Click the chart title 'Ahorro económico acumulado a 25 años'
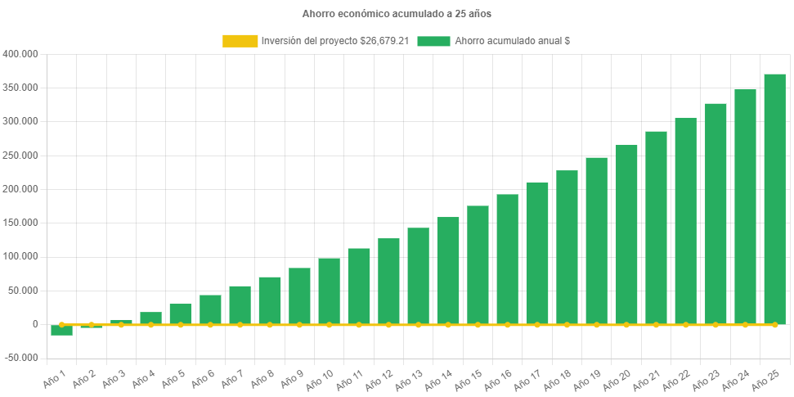397,14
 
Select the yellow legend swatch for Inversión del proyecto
240,41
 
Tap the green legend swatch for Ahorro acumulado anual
433,41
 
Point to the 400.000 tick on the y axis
20,54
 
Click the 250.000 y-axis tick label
20,156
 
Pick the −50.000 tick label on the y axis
20,358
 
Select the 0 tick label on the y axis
35,324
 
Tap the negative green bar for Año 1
61,330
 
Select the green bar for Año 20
626,234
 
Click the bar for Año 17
537,253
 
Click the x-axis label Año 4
141,378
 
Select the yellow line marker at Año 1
61,325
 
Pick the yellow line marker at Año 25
774,325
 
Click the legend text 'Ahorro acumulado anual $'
513,41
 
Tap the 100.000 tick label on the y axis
20,256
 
